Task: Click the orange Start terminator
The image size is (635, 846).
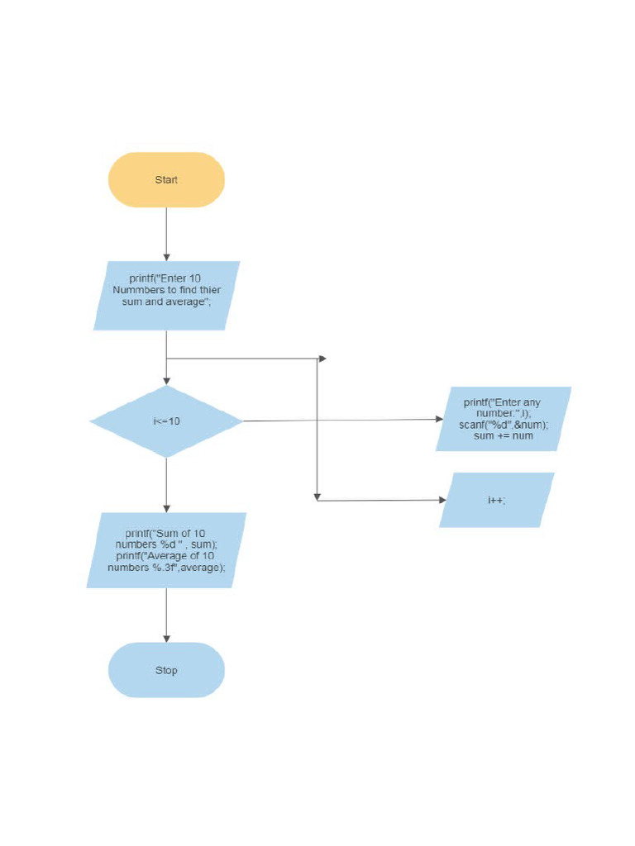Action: point(166,179)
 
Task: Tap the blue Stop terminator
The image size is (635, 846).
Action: point(166,670)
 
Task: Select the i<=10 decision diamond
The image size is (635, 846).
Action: point(166,421)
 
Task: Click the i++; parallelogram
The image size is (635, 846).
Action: point(496,500)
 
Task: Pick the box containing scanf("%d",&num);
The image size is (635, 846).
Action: point(504,419)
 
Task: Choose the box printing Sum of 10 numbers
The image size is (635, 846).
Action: point(166,550)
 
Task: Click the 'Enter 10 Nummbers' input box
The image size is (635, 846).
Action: point(166,296)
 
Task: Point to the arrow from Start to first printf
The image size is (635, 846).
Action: point(166,234)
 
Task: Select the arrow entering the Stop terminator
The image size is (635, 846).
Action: point(166,615)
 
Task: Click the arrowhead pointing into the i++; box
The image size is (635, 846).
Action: point(442,500)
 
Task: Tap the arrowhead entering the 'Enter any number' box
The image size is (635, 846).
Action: point(440,419)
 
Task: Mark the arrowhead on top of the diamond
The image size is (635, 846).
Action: point(166,381)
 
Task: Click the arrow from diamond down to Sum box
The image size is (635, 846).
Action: point(166,485)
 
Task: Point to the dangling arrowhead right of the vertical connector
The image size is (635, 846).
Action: point(322,359)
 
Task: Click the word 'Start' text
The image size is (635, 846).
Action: point(166,179)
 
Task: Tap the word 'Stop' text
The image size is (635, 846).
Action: point(166,670)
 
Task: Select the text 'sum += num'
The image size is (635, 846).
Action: point(504,435)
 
